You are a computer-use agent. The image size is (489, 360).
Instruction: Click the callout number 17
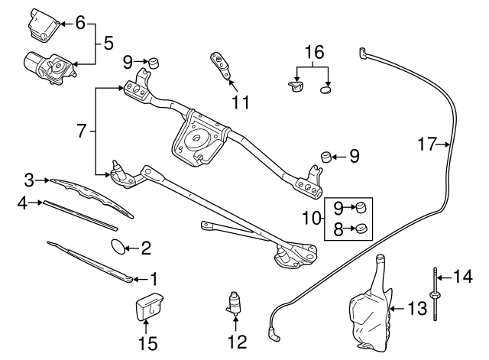click(426, 144)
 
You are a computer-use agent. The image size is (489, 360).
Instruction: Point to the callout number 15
click(148, 342)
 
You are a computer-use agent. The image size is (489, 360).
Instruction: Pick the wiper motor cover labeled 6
click(44, 25)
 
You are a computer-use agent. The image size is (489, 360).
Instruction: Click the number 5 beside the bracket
click(108, 43)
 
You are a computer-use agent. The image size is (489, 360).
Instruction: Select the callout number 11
click(241, 102)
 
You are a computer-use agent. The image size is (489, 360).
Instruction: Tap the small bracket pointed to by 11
click(222, 65)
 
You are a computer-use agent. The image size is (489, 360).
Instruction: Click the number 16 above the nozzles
click(315, 52)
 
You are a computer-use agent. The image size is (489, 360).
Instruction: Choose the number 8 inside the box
click(338, 229)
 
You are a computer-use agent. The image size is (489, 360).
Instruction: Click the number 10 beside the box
click(311, 218)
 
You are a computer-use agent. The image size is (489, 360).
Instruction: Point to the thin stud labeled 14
click(435, 294)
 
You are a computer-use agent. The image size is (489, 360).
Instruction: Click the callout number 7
click(81, 131)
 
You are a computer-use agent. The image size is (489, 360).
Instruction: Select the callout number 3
click(29, 180)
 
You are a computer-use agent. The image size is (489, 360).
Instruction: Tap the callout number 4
click(22, 203)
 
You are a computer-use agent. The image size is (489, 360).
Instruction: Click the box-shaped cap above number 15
click(150, 306)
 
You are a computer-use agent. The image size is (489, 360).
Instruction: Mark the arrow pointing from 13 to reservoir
click(398, 309)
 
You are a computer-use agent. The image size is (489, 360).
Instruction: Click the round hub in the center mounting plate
click(196, 139)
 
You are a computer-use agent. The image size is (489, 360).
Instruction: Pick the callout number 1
click(154, 278)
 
